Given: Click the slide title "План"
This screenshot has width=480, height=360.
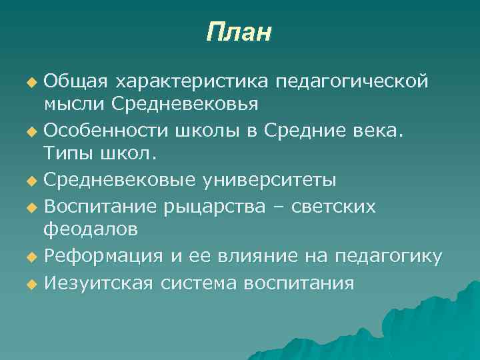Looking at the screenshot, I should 239,31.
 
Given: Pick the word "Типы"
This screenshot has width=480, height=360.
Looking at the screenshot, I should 67,155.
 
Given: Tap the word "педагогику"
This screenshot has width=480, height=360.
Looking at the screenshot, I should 388,256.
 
